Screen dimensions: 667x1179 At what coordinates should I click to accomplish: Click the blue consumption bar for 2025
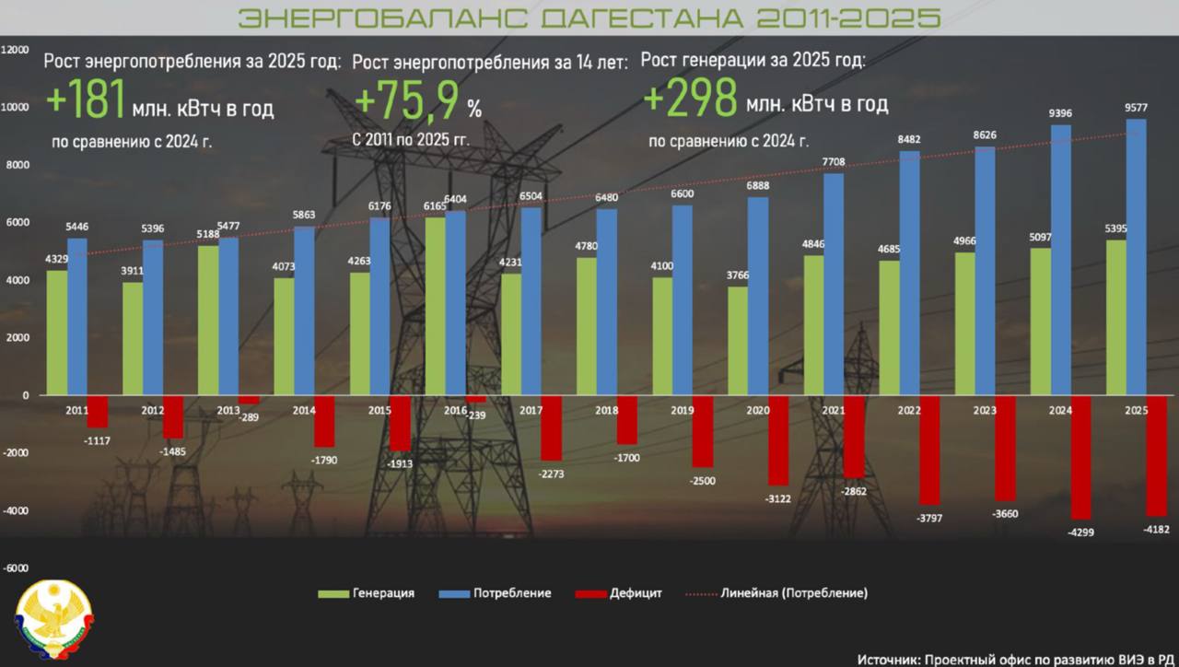(1136, 257)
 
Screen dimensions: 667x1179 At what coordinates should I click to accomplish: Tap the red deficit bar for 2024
(1080, 457)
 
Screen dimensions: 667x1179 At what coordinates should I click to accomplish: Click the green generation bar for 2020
(738, 341)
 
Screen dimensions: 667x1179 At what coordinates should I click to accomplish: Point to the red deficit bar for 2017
(551, 427)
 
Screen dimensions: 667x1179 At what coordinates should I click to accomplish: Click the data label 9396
(1060, 114)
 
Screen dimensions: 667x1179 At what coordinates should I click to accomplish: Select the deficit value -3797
(928, 519)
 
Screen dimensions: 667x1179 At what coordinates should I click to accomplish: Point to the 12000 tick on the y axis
(16, 50)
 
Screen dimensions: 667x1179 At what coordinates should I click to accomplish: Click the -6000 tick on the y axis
(16, 568)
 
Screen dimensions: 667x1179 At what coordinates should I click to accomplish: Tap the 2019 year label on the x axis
(683, 410)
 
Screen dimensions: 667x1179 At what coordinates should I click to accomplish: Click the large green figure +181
(85, 99)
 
